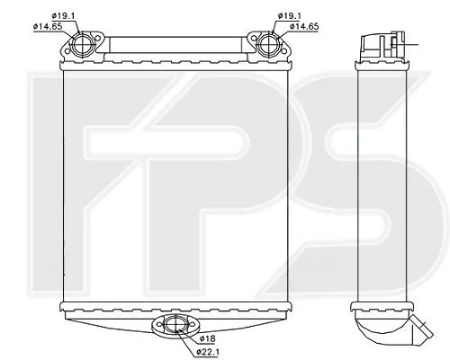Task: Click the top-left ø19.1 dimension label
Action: tap(63, 16)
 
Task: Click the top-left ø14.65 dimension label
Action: tap(48, 26)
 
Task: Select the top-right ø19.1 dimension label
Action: tap(290, 16)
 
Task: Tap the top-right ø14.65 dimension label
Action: tap(304, 26)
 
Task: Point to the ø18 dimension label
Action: tap(207, 338)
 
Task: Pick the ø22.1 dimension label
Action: tap(208, 352)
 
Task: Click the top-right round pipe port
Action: tap(267, 45)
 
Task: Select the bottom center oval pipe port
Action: tap(175, 324)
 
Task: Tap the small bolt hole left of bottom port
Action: tap(158, 324)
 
